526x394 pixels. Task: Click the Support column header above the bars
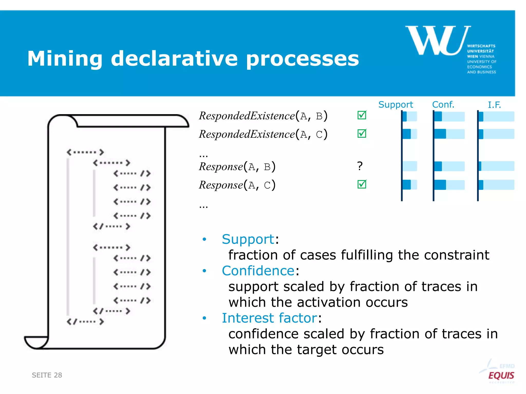(x=396, y=105)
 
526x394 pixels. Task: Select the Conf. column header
(x=443, y=105)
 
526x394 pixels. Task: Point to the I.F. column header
(x=494, y=105)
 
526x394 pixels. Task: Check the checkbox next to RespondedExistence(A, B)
(x=362, y=115)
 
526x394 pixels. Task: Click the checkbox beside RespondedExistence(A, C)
(x=362, y=133)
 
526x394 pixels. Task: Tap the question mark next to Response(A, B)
(x=360, y=166)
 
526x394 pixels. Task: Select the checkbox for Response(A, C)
(x=362, y=184)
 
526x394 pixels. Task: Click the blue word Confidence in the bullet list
(x=258, y=271)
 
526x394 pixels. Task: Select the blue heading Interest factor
(x=269, y=318)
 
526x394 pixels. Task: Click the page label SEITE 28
(x=47, y=375)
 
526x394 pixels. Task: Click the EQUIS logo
(x=501, y=375)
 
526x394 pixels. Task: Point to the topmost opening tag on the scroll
(x=85, y=152)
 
